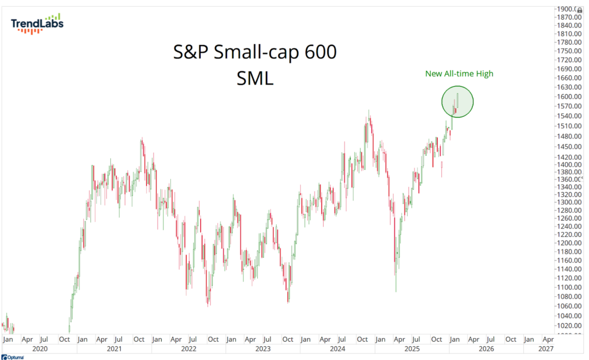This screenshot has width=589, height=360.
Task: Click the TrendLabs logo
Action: point(37,23)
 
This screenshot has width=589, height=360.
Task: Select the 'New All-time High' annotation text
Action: point(459,74)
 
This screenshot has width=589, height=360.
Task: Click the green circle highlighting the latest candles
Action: point(457,102)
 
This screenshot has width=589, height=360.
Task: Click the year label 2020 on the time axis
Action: point(39,349)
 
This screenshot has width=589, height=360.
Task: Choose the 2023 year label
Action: point(263,349)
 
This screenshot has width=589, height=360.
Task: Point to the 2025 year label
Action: point(412,349)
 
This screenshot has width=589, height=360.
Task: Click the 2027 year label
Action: point(545,349)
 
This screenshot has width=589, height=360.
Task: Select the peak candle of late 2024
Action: point(368,115)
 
